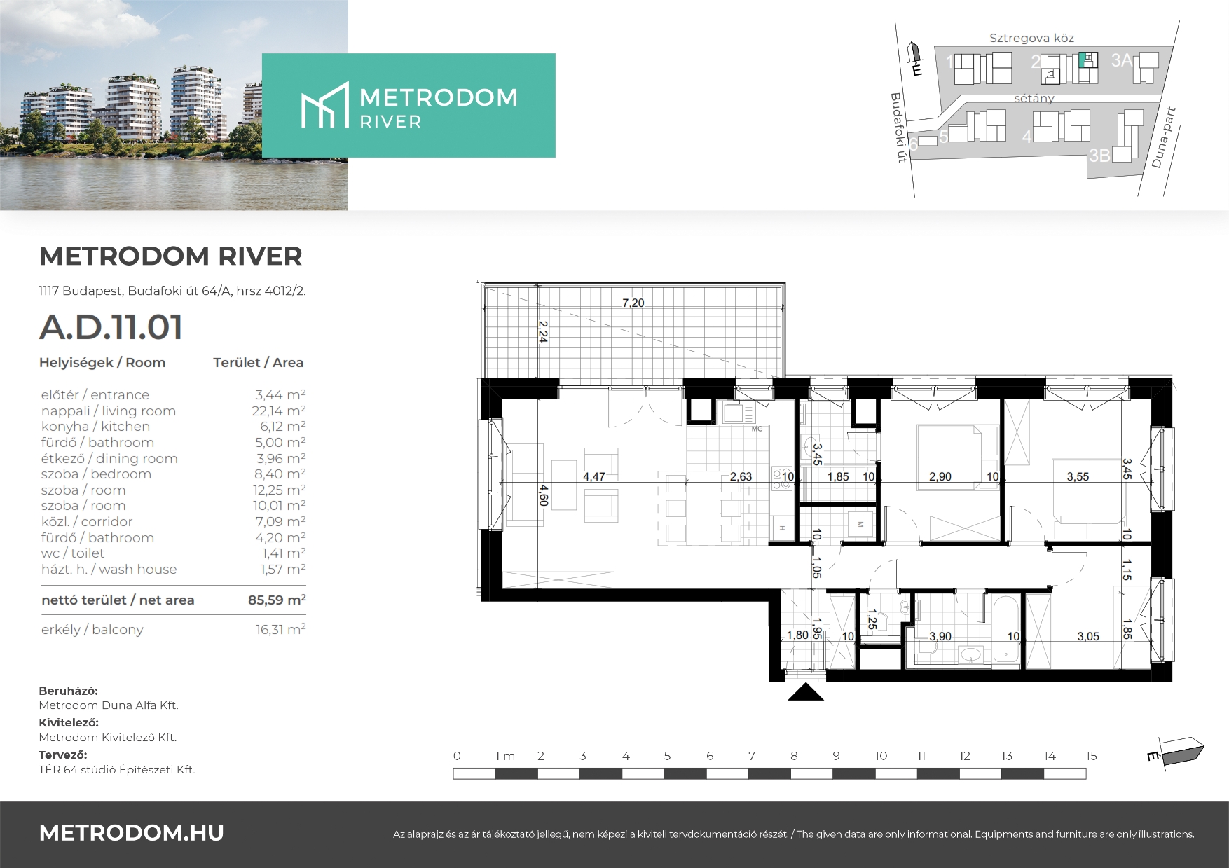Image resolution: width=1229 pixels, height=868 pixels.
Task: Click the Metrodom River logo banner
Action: [x=408, y=105]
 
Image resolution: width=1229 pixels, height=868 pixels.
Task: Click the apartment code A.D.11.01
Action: [x=111, y=327]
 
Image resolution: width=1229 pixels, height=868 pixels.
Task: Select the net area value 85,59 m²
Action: [x=277, y=600]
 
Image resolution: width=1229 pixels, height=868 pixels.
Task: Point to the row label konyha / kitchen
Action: [x=95, y=427]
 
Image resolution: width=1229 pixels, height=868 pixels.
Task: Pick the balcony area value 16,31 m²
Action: [x=280, y=629]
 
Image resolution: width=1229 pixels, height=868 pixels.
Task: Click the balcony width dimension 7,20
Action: [x=633, y=303]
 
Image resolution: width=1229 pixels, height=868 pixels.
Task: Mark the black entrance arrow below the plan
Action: [x=806, y=691]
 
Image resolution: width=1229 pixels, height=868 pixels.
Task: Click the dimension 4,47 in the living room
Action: [x=594, y=476]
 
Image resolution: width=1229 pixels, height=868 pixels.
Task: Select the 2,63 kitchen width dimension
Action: [x=741, y=476]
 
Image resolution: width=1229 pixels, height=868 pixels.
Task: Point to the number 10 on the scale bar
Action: [x=881, y=756]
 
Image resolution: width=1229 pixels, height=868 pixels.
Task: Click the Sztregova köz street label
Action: [x=1031, y=39]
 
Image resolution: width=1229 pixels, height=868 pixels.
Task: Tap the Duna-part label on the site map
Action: [x=1163, y=137]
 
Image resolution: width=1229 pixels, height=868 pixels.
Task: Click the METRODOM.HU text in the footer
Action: [x=132, y=833]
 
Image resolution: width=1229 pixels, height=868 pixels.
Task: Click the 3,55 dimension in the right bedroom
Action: [x=1078, y=476]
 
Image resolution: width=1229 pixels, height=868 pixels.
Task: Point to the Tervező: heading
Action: [x=63, y=755]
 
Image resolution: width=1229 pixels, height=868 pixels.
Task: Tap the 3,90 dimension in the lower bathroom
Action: [x=940, y=636]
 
